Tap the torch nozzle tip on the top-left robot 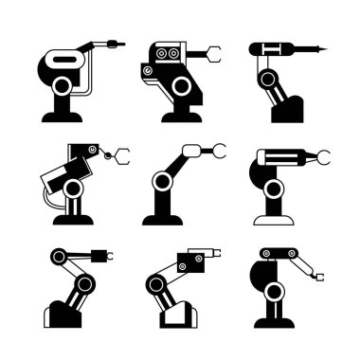pos(118,43)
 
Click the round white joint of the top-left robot pos(63,87)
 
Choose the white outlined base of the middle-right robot pos(272,220)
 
